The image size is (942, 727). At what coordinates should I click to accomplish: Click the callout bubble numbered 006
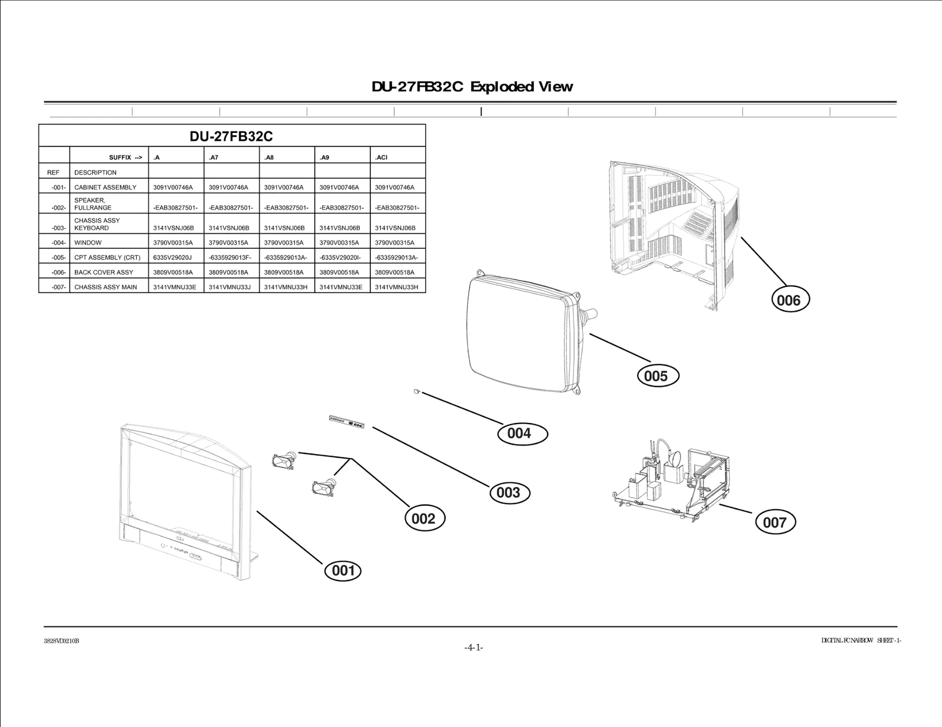[790, 300]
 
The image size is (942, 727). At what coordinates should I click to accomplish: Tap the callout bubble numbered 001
[343, 570]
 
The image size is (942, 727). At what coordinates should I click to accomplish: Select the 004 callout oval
[519, 433]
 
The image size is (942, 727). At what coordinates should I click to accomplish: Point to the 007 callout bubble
[774, 522]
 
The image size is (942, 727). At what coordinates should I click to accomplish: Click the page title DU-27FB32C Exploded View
[472, 87]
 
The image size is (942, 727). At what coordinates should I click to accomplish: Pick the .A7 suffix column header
[214, 158]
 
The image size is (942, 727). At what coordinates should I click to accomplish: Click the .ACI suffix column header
[382, 158]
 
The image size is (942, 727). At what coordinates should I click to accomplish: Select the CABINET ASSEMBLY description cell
[105, 188]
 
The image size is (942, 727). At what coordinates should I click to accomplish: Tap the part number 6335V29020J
[173, 258]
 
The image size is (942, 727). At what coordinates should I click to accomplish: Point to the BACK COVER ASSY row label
[104, 272]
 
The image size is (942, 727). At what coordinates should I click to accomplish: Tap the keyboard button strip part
[346, 421]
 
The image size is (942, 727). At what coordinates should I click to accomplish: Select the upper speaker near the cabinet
[284, 459]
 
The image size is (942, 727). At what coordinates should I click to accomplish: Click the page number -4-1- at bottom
[473, 648]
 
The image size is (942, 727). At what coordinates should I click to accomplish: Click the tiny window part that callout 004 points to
[417, 391]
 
